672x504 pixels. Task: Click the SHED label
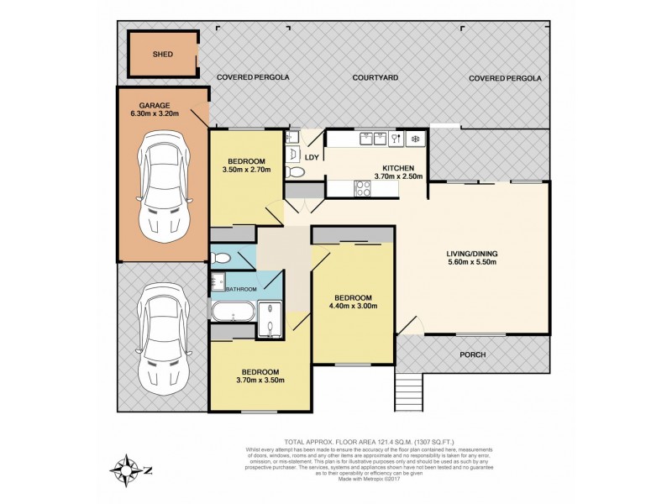click(x=163, y=55)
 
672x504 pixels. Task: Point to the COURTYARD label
click(x=375, y=78)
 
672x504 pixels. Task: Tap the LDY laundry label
click(x=310, y=157)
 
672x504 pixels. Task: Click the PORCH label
click(x=472, y=354)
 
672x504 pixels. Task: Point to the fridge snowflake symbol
click(x=414, y=139)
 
